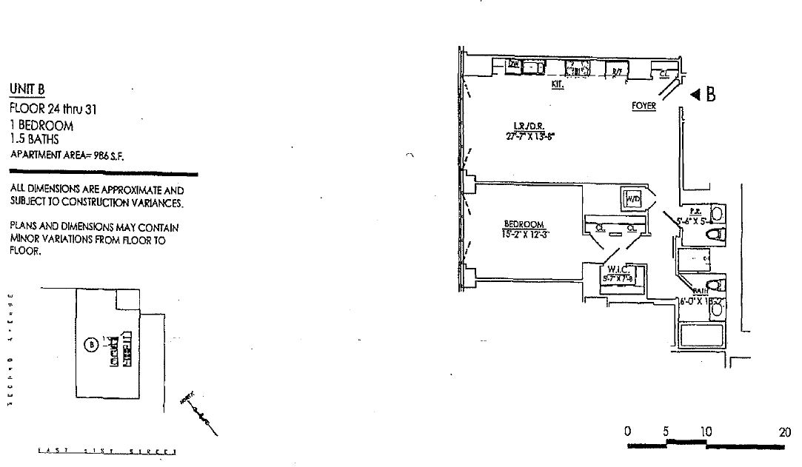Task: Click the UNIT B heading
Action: click(27, 90)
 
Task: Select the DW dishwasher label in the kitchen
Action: click(513, 65)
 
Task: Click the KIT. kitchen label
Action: click(558, 84)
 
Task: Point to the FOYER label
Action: click(643, 106)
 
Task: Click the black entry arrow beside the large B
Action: click(695, 95)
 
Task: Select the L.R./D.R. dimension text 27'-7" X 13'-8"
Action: click(530, 136)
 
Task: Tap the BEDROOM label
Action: click(524, 224)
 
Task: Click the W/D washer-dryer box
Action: click(633, 199)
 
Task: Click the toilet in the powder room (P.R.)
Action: click(715, 235)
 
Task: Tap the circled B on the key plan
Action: click(91, 344)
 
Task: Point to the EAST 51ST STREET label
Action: click(107, 449)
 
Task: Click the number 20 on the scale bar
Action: click(784, 432)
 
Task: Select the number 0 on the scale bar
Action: click(627, 432)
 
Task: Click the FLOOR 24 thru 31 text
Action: click(54, 110)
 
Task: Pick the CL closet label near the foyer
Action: click(664, 73)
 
